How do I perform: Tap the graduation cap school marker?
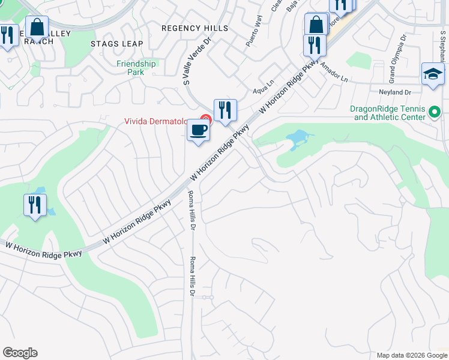click(433, 74)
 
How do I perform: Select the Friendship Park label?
click(136, 68)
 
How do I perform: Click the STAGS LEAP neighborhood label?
click(117, 44)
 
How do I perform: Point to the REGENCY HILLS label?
click(195, 28)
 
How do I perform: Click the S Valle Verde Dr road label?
click(196, 61)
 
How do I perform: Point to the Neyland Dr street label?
click(394, 92)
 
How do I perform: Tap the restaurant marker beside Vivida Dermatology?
click(225, 111)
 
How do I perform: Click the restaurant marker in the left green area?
click(35, 206)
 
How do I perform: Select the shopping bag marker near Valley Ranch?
click(37, 28)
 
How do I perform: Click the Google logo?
click(20, 353)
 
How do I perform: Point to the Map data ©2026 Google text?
click(411, 355)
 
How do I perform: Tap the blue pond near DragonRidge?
click(297, 140)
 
